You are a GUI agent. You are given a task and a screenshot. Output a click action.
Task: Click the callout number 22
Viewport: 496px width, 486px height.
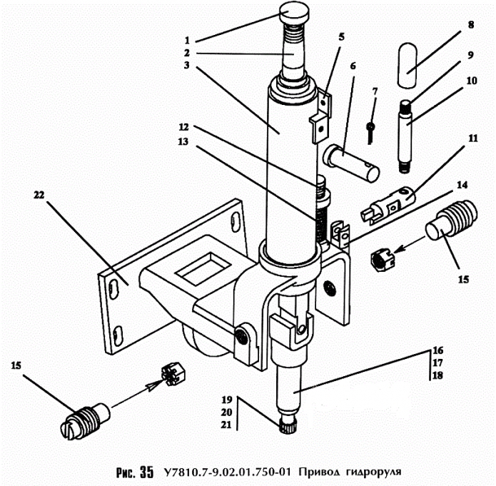coord(39,195)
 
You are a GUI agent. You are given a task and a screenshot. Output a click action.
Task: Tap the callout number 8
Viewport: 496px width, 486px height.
coord(471,25)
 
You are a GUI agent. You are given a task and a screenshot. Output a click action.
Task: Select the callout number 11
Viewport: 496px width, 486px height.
coord(472,138)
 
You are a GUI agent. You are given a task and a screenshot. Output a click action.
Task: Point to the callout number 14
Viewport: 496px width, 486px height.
coord(462,185)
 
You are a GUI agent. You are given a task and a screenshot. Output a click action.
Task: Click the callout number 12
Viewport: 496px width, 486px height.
coord(183,127)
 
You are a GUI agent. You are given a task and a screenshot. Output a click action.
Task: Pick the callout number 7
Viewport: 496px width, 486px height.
coord(375,92)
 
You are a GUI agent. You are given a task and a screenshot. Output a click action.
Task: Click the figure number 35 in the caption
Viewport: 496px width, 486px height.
coord(146,472)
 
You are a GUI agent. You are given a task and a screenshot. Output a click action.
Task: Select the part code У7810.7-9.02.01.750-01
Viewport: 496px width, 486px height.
coord(227,472)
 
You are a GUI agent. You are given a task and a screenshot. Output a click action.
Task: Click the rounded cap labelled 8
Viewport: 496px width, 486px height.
coord(408,66)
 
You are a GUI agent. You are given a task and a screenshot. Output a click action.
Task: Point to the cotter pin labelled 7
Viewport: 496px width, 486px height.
coord(370,133)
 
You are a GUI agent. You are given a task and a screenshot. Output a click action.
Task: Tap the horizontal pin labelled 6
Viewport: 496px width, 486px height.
coord(351,163)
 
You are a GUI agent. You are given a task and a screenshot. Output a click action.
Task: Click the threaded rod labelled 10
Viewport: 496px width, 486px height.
coord(405,136)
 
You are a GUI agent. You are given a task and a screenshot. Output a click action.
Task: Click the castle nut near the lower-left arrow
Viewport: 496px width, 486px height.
coord(173,374)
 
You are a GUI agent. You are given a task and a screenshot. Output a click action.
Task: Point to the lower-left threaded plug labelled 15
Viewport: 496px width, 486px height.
coord(85,421)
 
